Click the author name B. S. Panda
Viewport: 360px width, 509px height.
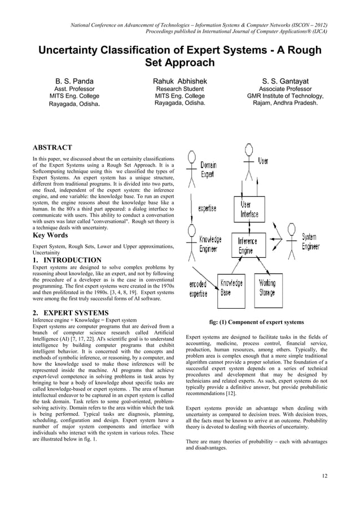coord(74,82)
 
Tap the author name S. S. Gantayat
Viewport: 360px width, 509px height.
coord(285,82)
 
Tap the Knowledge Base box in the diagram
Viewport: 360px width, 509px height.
coord(231,288)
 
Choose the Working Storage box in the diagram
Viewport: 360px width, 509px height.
coord(267,288)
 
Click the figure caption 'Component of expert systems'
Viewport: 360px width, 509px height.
coord(256,322)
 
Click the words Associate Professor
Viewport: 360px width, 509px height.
coord(285,89)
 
